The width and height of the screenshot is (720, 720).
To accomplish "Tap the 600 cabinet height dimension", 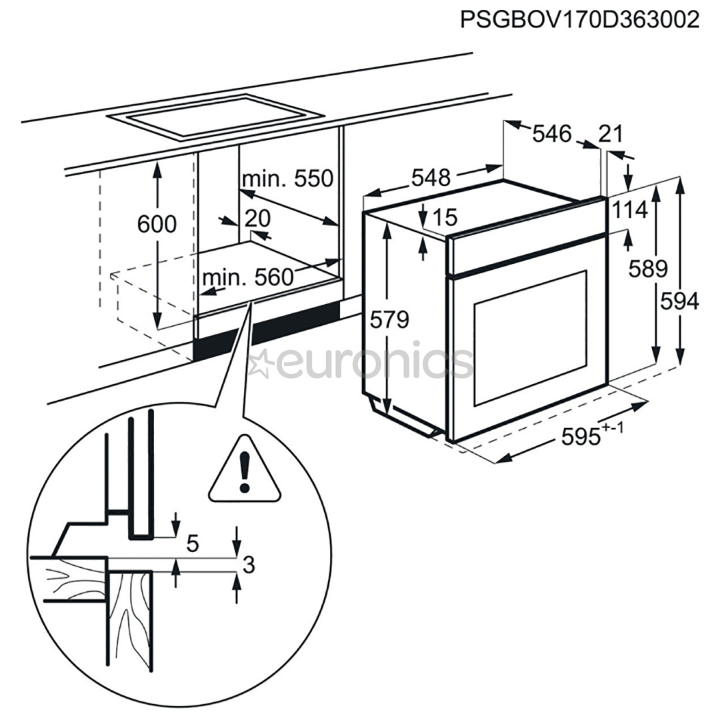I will [157, 225].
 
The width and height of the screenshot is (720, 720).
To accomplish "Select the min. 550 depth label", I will [287, 179].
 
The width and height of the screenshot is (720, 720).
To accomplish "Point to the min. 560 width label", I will [248, 277].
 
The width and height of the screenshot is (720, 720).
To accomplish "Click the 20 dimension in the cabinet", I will [257, 218].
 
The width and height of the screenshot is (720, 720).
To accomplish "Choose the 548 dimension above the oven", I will [431, 178].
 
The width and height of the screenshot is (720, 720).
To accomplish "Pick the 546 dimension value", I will [552, 134].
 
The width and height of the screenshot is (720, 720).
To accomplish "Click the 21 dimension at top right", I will [610, 134].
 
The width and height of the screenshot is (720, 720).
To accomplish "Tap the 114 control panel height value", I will [630, 211].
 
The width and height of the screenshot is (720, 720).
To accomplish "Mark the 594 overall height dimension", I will [679, 301].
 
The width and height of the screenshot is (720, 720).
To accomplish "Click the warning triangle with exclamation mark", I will [245, 470].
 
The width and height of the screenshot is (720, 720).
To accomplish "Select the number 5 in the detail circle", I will [193, 544].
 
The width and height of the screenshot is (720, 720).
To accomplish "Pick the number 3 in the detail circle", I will [248, 566].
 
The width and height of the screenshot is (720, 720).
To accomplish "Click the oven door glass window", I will [529, 336].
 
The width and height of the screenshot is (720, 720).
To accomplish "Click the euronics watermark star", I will [259, 363].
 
